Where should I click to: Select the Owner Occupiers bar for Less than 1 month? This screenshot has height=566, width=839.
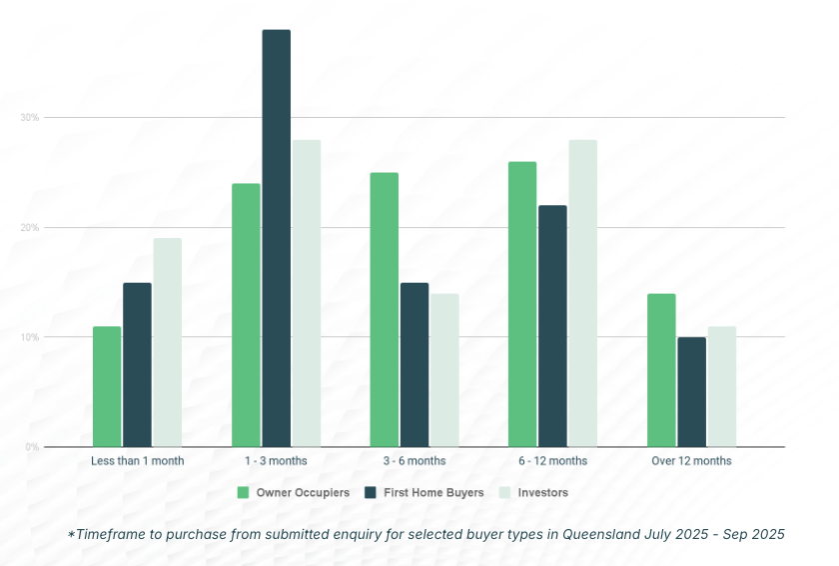pyautogui.click(x=107, y=386)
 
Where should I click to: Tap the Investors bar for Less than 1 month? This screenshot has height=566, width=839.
pyautogui.click(x=167, y=342)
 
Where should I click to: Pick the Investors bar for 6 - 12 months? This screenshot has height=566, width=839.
pyautogui.click(x=582, y=293)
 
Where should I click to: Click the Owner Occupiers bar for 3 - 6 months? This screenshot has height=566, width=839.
pyautogui.click(x=385, y=309)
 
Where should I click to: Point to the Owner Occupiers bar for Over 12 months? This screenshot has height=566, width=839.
pyautogui.click(x=661, y=370)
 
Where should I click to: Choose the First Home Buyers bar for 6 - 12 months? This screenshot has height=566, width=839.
pyautogui.click(x=552, y=326)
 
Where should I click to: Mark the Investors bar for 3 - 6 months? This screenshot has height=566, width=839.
pyautogui.click(x=444, y=370)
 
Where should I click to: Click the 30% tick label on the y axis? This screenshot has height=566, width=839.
pyautogui.click(x=29, y=118)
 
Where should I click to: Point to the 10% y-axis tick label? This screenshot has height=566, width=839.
pyautogui.click(x=29, y=337)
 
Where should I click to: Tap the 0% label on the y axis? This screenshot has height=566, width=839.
pyautogui.click(x=32, y=447)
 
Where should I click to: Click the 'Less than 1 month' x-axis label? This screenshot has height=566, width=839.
pyautogui.click(x=138, y=461)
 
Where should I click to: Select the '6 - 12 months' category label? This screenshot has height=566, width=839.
pyautogui.click(x=552, y=461)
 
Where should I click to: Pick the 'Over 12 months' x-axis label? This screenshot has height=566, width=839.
pyautogui.click(x=691, y=461)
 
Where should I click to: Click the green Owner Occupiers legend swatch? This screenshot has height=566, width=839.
pyautogui.click(x=243, y=492)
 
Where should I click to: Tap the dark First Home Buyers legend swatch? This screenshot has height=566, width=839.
pyautogui.click(x=371, y=492)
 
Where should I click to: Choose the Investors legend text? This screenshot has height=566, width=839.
pyautogui.click(x=542, y=492)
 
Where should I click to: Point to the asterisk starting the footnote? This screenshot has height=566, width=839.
pyautogui.click(x=71, y=534)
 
